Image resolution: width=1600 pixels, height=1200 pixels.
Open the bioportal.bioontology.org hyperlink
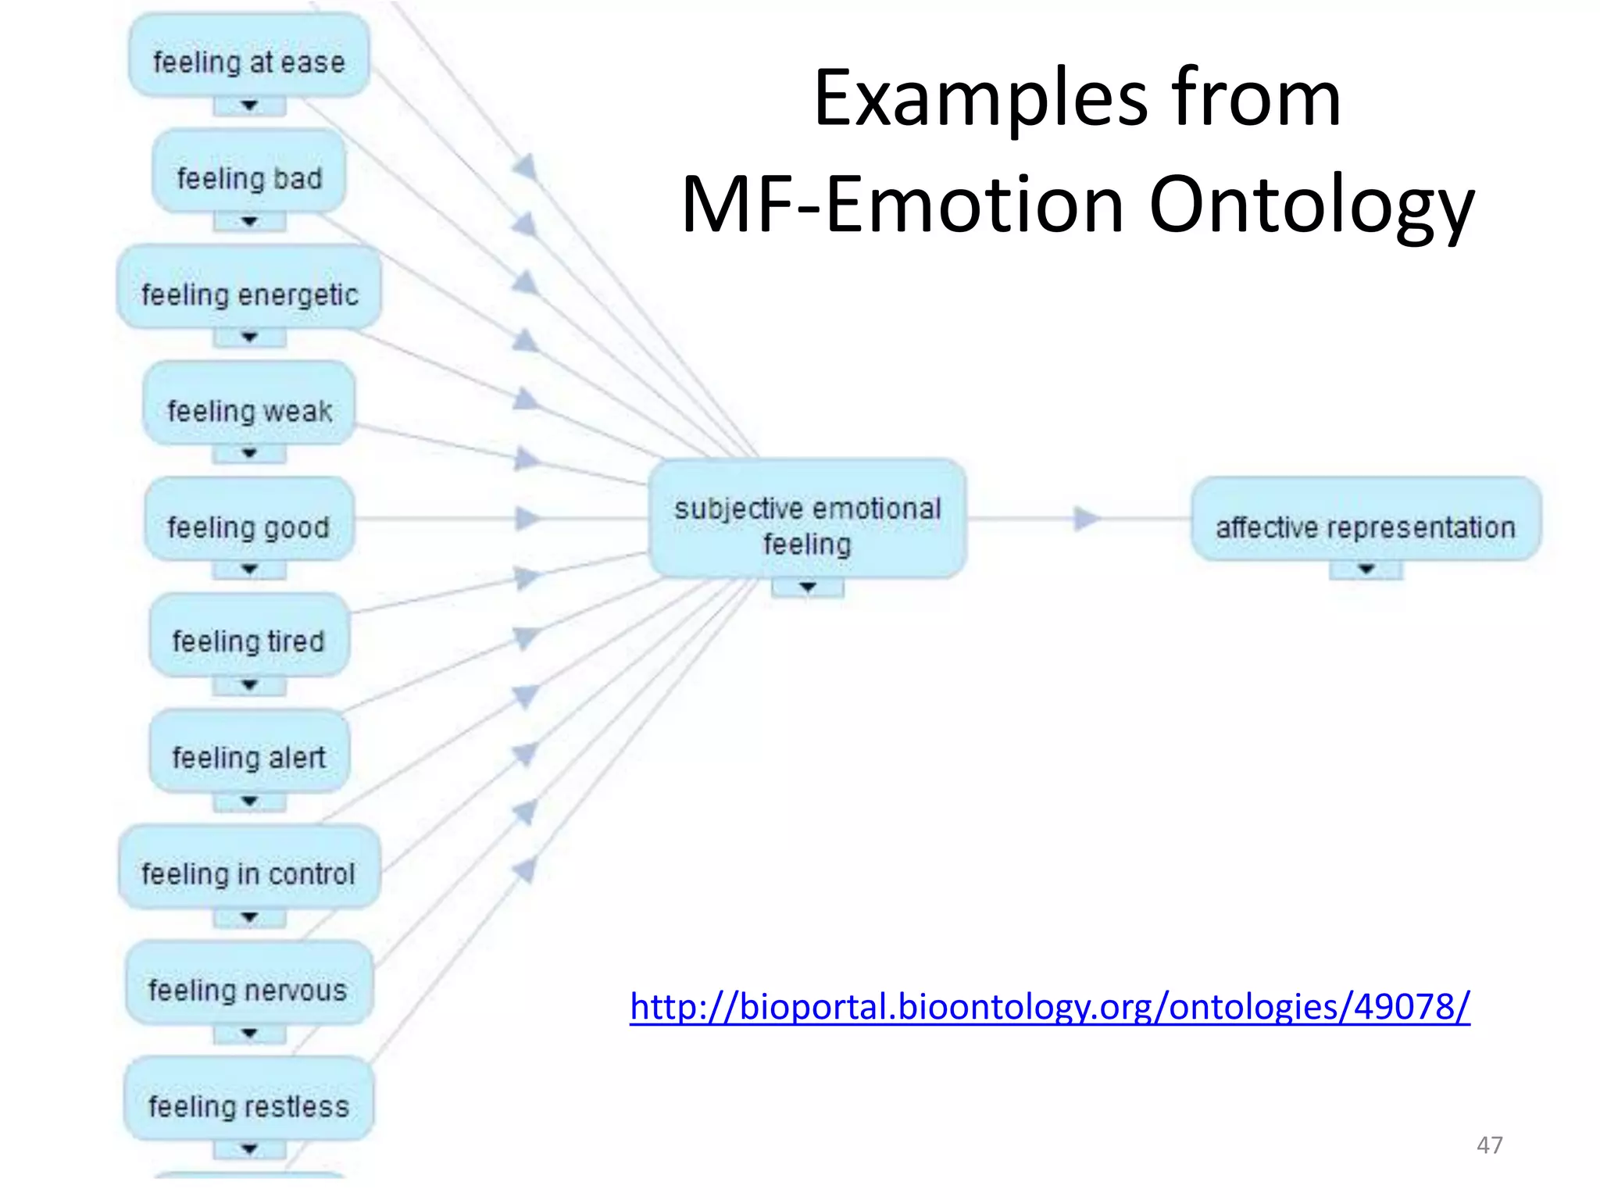point(1049,1006)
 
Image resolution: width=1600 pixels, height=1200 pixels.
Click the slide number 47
point(1489,1145)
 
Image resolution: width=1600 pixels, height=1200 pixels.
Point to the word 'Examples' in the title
point(979,99)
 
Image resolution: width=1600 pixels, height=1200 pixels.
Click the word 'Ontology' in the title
point(1311,205)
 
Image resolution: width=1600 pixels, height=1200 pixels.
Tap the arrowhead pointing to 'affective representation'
point(1086,518)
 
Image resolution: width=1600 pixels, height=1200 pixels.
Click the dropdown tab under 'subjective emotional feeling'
point(807,587)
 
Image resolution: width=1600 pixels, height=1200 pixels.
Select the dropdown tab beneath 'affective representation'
point(1365,570)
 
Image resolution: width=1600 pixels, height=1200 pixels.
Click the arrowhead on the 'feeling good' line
point(528,518)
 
